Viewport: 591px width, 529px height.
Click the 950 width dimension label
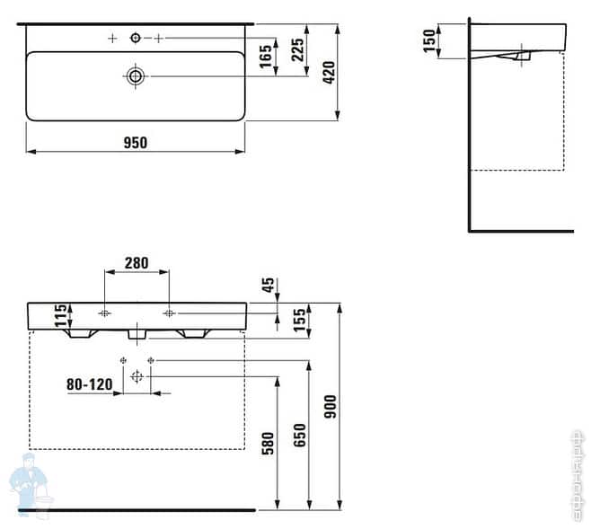[x=135, y=141]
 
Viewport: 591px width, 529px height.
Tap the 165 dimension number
[x=266, y=57]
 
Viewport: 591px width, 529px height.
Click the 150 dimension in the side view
[x=429, y=40]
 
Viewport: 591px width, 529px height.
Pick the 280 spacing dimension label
[x=137, y=263]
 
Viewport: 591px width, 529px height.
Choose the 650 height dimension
[x=300, y=435]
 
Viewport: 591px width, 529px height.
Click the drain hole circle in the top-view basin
[x=136, y=76]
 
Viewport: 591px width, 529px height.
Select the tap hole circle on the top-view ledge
[x=136, y=38]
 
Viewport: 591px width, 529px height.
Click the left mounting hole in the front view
[x=105, y=313]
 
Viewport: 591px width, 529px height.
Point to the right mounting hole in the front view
[x=169, y=313]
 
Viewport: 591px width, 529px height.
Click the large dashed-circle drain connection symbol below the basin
[x=137, y=376]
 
